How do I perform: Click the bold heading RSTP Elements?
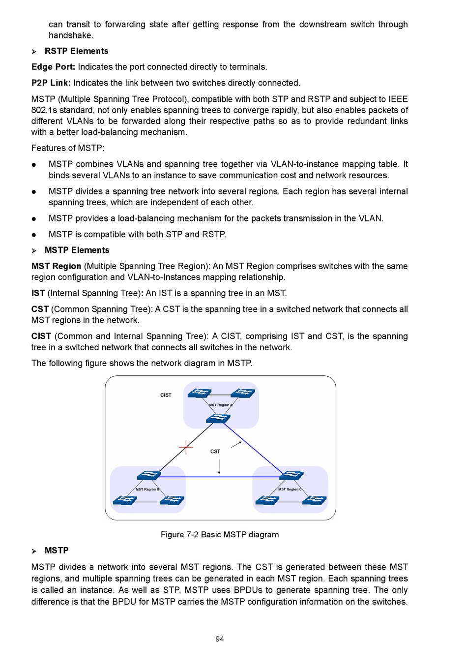76,51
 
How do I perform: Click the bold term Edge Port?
53,67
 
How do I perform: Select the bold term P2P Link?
51,83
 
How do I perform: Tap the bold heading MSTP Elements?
77,250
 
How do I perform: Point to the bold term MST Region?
56,266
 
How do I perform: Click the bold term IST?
38,293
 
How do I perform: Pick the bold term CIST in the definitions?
41,336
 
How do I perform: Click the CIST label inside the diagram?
166,395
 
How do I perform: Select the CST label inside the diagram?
215,451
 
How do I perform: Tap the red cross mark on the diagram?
186,447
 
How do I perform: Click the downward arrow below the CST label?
219,466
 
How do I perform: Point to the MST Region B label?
147,489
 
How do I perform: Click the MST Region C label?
290,489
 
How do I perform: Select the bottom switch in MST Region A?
218,418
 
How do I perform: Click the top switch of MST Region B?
148,475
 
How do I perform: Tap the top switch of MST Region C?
292,475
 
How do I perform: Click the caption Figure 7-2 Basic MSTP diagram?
220,535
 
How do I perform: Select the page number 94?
220,639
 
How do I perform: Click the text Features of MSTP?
68,148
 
